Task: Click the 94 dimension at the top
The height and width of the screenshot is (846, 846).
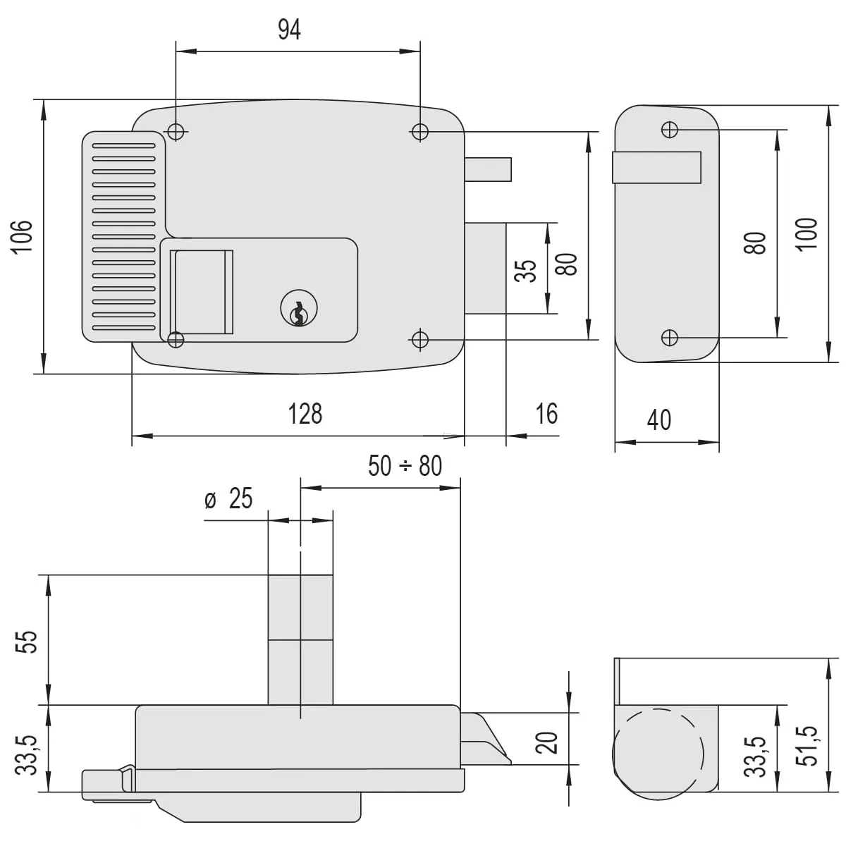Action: pyautogui.click(x=289, y=30)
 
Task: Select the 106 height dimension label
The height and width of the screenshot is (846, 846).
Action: pyautogui.click(x=23, y=237)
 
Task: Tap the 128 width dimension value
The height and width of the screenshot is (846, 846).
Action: pyautogui.click(x=305, y=414)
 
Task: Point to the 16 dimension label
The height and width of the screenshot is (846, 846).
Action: pyautogui.click(x=546, y=414)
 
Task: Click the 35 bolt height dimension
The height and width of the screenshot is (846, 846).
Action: pyautogui.click(x=526, y=271)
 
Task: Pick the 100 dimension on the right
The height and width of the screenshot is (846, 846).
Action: pyautogui.click(x=807, y=233)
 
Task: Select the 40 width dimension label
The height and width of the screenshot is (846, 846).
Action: pyautogui.click(x=658, y=420)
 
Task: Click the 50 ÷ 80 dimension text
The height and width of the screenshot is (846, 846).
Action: pyautogui.click(x=405, y=466)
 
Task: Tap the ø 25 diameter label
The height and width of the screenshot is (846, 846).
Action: pyautogui.click(x=228, y=499)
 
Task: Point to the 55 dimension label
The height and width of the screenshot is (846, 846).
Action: pyautogui.click(x=26, y=641)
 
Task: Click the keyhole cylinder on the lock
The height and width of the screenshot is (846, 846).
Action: pyautogui.click(x=300, y=309)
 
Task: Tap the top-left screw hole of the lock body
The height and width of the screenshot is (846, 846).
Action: pyautogui.click(x=176, y=131)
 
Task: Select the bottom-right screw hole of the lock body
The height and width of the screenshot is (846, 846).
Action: pyautogui.click(x=419, y=340)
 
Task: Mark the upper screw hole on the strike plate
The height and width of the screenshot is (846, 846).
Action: pyautogui.click(x=669, y=130)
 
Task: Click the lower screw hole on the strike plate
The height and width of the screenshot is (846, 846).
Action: pyautogui.click(x=669, y=338)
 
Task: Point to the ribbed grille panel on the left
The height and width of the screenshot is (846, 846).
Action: pyautogui.click(x=123, y=236)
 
